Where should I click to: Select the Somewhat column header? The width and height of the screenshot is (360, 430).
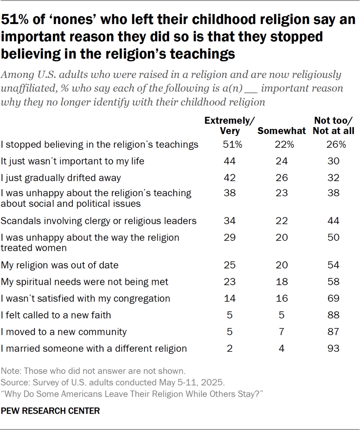[x=282, y=131]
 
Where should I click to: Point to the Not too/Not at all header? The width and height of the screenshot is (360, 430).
[x=333, y=126]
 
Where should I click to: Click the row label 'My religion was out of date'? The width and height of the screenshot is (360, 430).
[x=60, y=265]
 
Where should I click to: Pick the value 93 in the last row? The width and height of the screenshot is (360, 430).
[x=333, y=349]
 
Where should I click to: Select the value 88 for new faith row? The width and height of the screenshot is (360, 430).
[x=333, y=315]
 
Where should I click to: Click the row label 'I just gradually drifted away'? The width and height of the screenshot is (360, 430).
[x=61, y=178]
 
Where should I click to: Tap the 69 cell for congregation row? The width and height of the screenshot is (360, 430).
[x=333, y=299]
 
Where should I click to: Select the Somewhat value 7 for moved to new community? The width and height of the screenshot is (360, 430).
[x=282, y=332]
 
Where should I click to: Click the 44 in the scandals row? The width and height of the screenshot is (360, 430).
[x=333, y=221]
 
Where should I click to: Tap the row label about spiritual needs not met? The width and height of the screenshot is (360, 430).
[x=85, y=282]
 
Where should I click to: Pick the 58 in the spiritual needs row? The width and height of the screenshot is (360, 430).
[x=333, y=282]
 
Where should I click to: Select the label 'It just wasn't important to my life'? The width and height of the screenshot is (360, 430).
[x=72, y=161]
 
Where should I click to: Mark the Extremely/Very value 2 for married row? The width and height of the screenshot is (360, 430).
[x=230, y=349]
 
